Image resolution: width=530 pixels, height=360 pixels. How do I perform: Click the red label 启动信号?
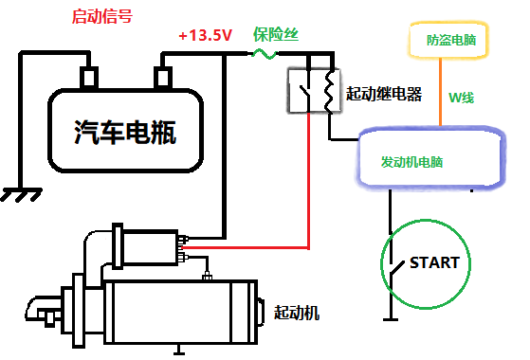pyautogui.click(x=102, y=17)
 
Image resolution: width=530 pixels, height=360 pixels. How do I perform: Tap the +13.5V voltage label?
pyautogui.click(x=206, y=36)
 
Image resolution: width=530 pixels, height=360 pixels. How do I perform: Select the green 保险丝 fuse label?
pyautogui.click(x=276, y=34)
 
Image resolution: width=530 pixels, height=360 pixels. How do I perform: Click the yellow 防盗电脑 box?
pyautogui.click(x=448, y=41)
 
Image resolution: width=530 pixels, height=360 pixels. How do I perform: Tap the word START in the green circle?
pyautogui.click(x=433, y=262)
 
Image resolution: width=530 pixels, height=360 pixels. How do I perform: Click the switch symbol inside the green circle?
pyautogui.click(x=392, y=264)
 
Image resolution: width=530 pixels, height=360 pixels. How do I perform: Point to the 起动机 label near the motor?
pyautogui.click(x=297, y=312)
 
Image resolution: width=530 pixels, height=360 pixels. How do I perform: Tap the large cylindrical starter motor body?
pyautogui.click(x=180, y=313)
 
